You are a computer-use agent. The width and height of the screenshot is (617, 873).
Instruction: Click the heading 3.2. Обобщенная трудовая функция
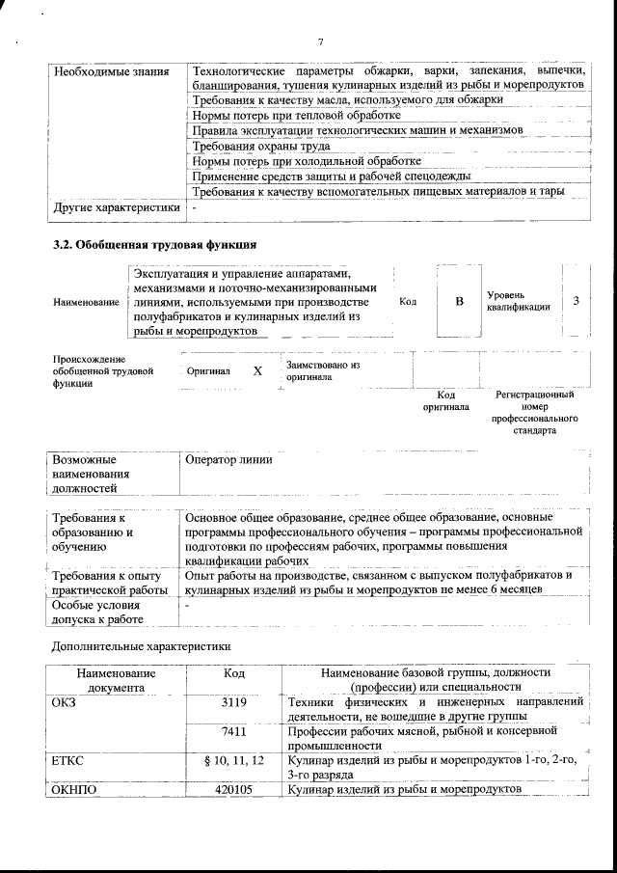pos(153,244)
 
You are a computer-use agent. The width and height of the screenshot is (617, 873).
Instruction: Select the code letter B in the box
pos(459,302)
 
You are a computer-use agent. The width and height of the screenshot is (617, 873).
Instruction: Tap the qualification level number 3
pos(576,301)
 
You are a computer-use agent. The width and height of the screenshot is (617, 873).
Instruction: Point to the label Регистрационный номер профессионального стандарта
pos(534,413)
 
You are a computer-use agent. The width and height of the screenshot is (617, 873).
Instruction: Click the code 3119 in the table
pos(234,702)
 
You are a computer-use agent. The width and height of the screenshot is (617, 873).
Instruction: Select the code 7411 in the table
pos(234,732)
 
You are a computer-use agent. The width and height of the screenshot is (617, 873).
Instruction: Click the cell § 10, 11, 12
pos(234,761)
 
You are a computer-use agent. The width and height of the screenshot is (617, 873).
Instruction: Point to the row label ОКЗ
pos(64,702)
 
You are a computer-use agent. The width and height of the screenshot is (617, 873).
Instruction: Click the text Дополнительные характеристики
pos(141,645)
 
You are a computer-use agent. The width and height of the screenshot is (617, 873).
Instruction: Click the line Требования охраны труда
pos(261,146)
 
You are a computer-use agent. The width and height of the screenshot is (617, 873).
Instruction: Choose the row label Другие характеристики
pos(117,207)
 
